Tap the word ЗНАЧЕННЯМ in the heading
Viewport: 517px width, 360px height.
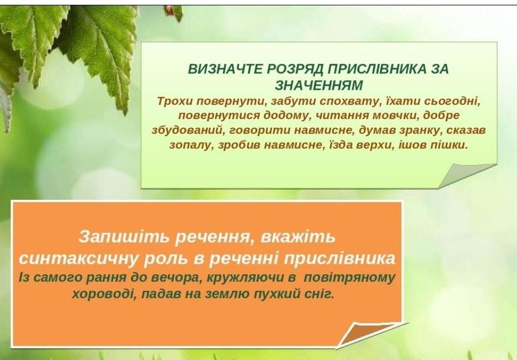(x=319, y=85)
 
